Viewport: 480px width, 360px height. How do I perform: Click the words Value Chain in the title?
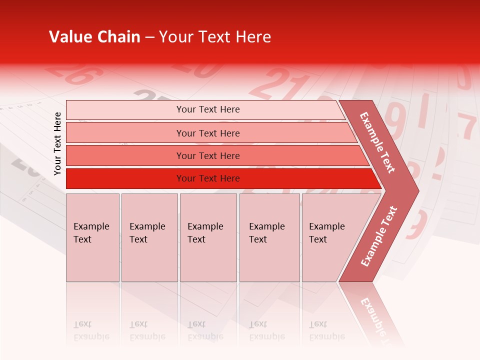(94, 37)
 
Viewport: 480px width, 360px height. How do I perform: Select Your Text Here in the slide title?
(215, 37)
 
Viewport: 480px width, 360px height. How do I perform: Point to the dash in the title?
(149, 37)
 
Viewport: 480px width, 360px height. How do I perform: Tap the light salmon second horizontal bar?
(208, 133)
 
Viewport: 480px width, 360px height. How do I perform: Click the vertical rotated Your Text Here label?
(57, 143)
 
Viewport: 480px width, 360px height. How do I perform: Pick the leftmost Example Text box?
(92, 237)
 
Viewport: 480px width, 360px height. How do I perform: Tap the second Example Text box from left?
(149, 237)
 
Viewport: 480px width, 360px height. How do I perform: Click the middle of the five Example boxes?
(208, 237)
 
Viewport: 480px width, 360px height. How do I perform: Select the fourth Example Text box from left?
(269, 237)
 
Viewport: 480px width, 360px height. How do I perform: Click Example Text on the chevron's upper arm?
(377, 142)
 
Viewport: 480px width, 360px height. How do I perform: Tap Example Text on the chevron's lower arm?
(379, 236)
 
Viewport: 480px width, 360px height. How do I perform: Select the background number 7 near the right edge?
(468, 127)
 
